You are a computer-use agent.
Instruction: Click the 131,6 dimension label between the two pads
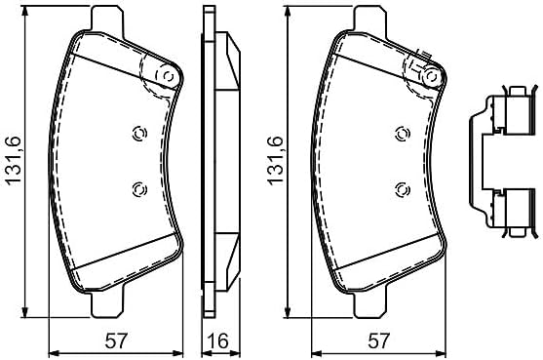(x=277, y=161)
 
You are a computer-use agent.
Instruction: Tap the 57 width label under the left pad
(x=116, y=340)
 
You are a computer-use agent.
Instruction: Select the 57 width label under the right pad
(x=379, y=340)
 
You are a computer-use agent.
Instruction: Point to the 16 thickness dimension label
(x=219, y=340)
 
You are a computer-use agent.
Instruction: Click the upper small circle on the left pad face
(x=140, y=134)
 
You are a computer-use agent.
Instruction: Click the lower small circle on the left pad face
(x=140, y=189)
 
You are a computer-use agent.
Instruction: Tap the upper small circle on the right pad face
(x=403, y=134)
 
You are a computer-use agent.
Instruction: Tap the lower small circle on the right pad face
(x=403, y=189)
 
